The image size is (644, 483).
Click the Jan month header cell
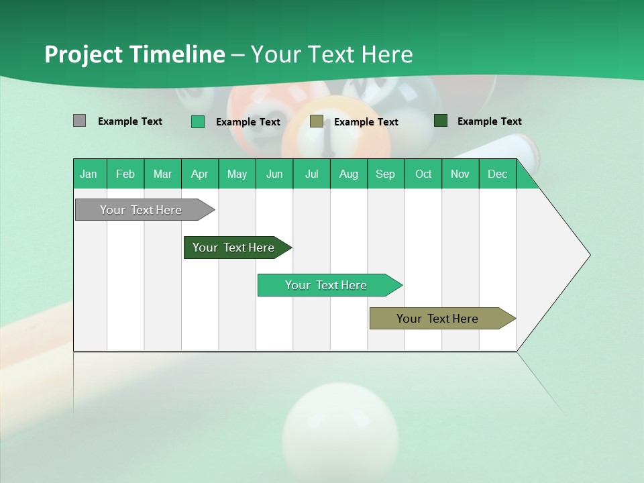[x=89, y=174]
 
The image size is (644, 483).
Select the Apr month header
[x=200, y=174]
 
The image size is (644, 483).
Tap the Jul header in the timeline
[x=312, y=174]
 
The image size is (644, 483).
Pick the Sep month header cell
[x=386, y=174]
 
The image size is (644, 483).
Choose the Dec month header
[x=497, y=174]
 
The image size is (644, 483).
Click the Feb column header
[x=125, y=174]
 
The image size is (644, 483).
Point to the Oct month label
[x=423, y=174]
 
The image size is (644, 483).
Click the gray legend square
[x=79, y=121]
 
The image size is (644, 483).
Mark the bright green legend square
[x=198, y=121]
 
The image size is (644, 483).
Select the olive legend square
[x=317, y=121]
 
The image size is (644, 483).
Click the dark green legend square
[x=441, y=121]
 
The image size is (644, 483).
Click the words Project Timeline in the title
[x=135, y=54]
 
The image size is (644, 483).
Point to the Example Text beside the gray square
[x=130, y=121]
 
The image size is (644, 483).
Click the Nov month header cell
[x=460, y=174]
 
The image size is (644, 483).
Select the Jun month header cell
[x=274, y=174]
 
